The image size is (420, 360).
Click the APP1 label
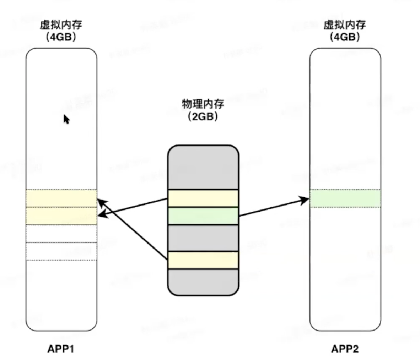(61, 349)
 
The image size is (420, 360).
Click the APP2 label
(345, 349)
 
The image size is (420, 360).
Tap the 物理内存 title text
(203, 104)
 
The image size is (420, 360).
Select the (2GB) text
(203, 116)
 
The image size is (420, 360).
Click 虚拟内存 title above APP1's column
(61, 25)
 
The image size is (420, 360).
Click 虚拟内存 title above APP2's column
(345, 25)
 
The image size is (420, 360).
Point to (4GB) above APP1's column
(61, 37)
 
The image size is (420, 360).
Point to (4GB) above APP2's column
(345, 37)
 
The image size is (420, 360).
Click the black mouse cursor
(66, 119)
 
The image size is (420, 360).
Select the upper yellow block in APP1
(61, 198)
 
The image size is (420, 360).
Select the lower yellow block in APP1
(61, 216)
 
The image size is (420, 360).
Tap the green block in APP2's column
(345, 198)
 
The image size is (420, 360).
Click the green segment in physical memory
(203, 216)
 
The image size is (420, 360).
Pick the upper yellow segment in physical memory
(203, 198)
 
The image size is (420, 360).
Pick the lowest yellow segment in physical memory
(203, 260)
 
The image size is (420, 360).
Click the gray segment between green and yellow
(203, 238)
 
